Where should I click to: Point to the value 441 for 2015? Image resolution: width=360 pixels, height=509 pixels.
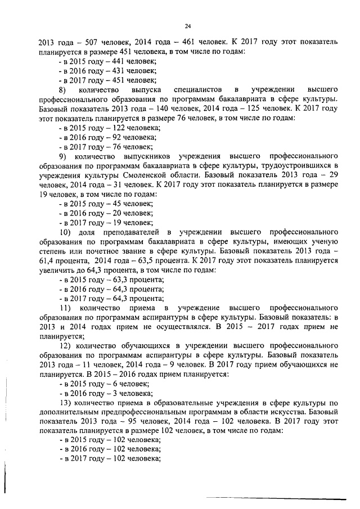112,61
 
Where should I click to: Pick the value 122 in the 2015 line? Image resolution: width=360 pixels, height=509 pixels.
113,129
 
